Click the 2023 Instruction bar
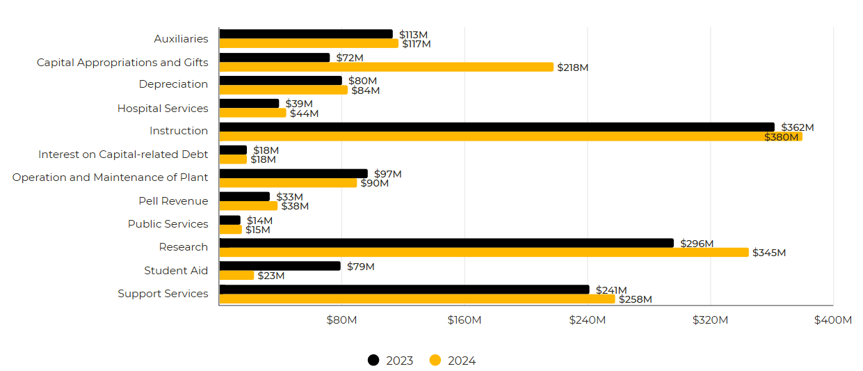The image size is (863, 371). (497, 127)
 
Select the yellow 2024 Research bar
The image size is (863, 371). (484, 253)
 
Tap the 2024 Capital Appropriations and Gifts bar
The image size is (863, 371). (386, 67)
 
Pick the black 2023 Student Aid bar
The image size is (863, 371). (280, 266)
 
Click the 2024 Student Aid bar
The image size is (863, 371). (236, 276)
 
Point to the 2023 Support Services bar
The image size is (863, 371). (404, 290)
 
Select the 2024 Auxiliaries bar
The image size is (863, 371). (309, 43)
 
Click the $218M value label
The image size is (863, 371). (574, 68)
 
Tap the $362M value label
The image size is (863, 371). (797, 127)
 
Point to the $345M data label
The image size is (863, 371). (769, 253)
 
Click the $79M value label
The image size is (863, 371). (360, 267)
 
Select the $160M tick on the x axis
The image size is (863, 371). (465, 320)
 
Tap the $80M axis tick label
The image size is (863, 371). (341, 320)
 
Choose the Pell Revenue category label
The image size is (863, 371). (173, 201)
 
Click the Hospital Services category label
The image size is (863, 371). (163, 109)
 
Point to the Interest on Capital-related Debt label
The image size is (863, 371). (123, 155)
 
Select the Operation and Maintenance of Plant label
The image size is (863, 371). (110, 177)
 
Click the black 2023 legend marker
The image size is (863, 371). (373, 360)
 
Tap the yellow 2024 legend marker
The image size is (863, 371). (435, 360)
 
